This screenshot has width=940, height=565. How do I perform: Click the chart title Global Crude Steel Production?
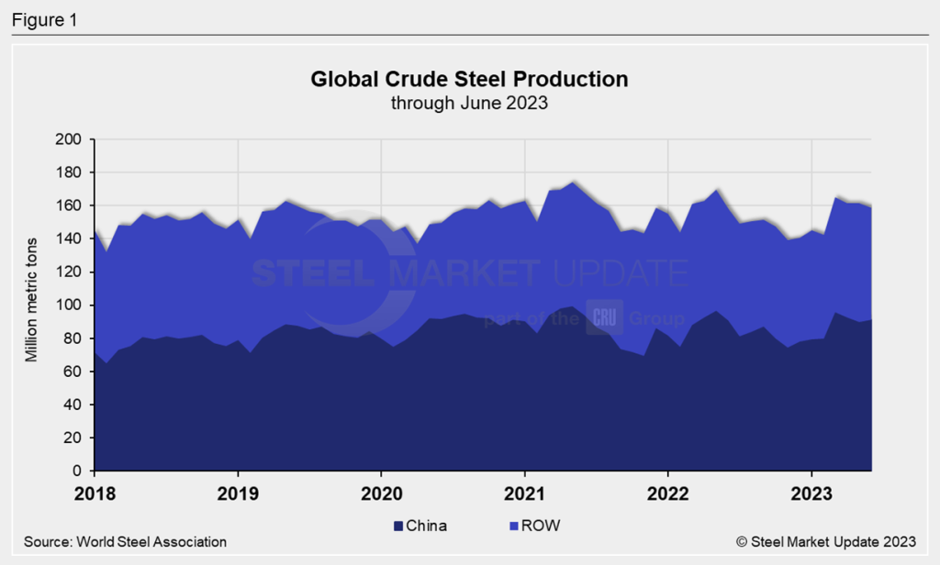point(469,80)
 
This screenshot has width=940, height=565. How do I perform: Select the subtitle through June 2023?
point(469,103)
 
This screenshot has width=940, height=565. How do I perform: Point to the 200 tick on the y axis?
point(72,139)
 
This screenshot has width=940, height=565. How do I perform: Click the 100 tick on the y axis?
point(72,305)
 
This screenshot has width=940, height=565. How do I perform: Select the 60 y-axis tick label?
point(75,371)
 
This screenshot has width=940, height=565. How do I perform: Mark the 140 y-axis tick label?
point(72,238)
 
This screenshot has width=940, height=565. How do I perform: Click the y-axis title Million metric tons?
point(31,305)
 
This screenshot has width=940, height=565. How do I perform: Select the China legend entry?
point(420,526)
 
